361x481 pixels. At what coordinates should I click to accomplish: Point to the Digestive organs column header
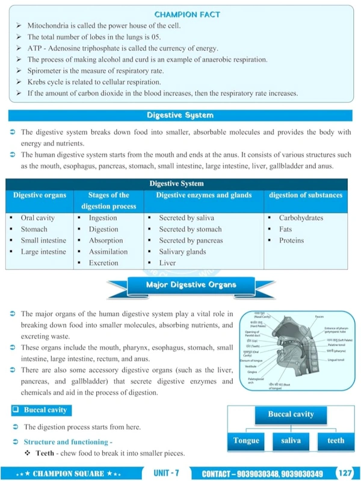(x=40, y=195)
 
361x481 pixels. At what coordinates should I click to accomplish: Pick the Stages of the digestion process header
(x=108, y=201)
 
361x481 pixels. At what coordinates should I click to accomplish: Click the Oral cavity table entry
(x=38, y=218)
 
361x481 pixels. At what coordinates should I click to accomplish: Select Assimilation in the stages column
(x=108, y=252)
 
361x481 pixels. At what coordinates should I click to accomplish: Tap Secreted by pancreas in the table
(x=191, y=240)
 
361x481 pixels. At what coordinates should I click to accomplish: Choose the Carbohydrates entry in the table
(x=301, y=218)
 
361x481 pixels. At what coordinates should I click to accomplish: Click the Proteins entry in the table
(x=291, y=240)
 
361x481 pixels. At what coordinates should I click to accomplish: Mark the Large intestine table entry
(x=43, y=252)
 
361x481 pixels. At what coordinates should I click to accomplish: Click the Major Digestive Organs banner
(x=191, y=284)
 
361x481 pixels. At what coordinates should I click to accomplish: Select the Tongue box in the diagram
(x=246, y=441)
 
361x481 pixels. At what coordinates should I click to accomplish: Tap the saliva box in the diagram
(x=291, y=441)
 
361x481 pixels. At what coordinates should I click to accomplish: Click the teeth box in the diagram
(x=336, y=441)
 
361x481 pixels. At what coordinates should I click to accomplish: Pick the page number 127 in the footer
(x=345, y=473)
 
